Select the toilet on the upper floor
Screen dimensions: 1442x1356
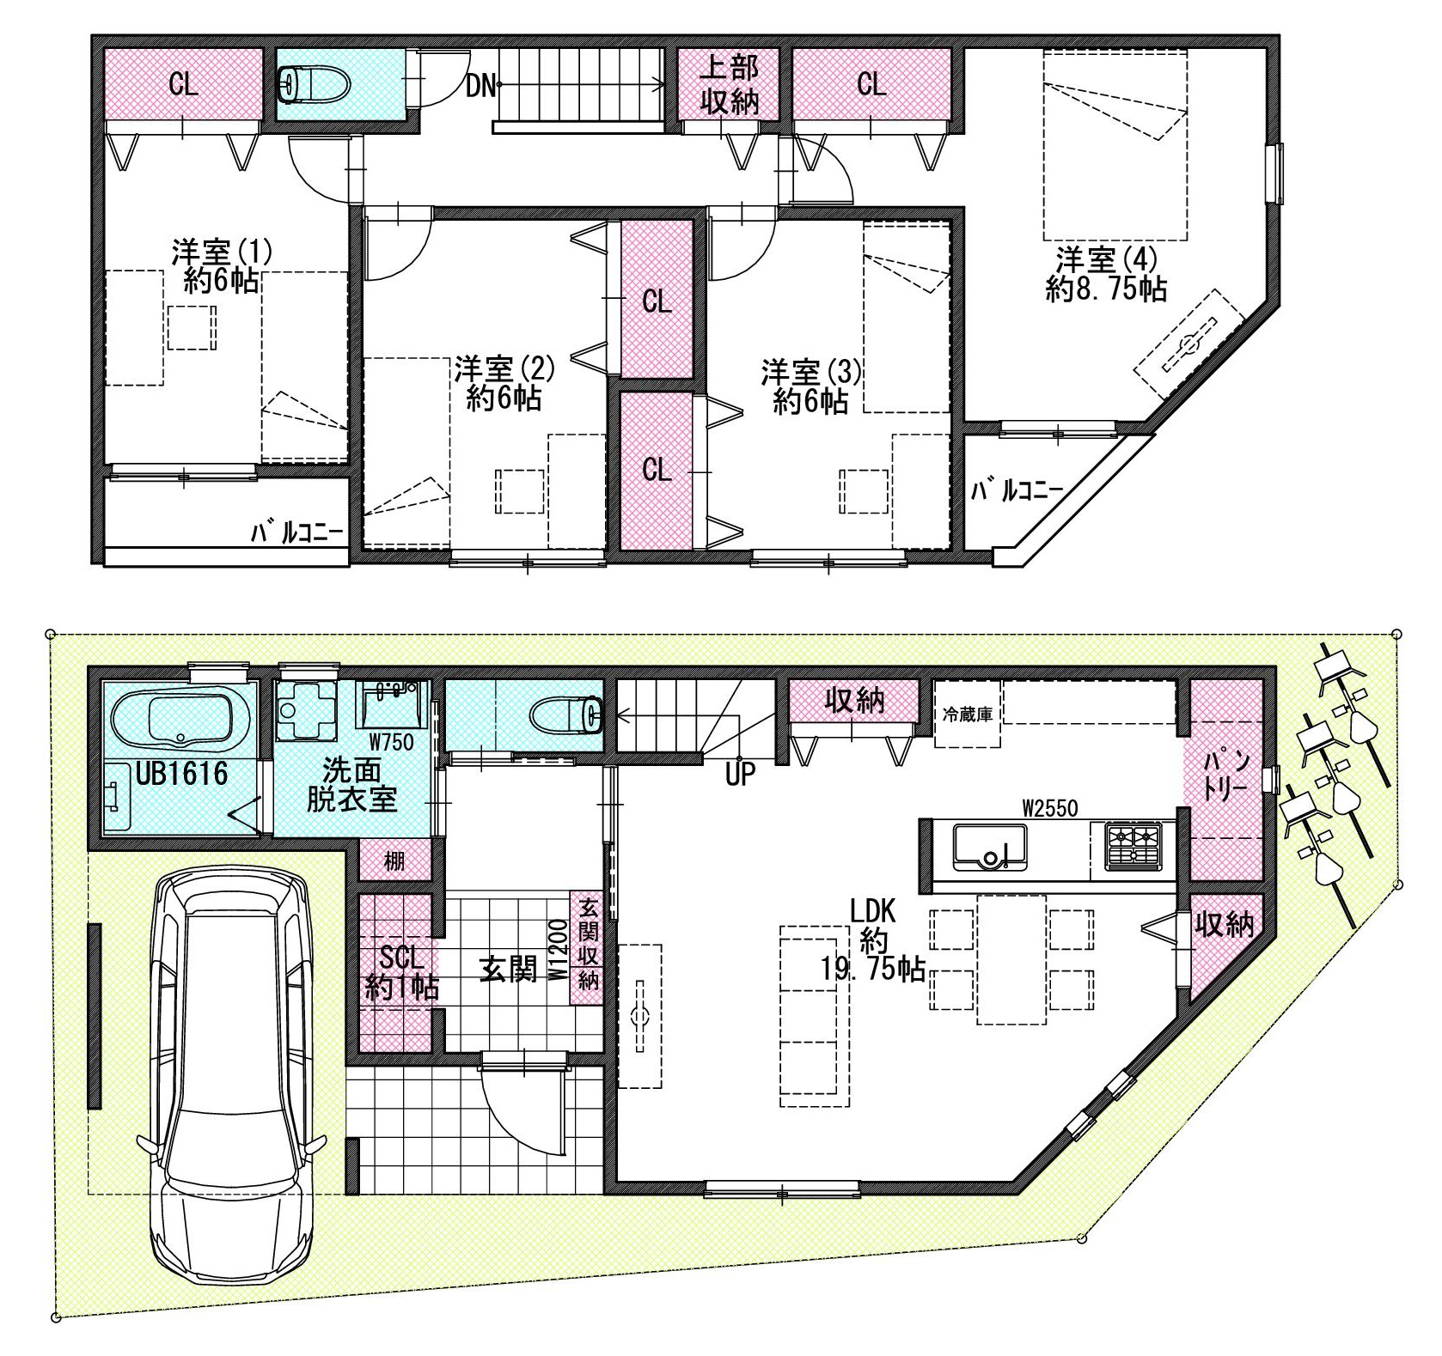315,84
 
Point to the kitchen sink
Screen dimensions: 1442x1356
989,846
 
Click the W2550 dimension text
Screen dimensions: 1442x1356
1049,807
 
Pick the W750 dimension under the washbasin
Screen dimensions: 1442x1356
391,740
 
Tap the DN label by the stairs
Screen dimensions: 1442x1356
480,86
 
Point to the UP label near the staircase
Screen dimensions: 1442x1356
739,775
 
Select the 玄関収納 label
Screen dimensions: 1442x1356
588,944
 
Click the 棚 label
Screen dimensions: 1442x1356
394,860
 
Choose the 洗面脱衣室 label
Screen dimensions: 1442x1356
352,784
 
